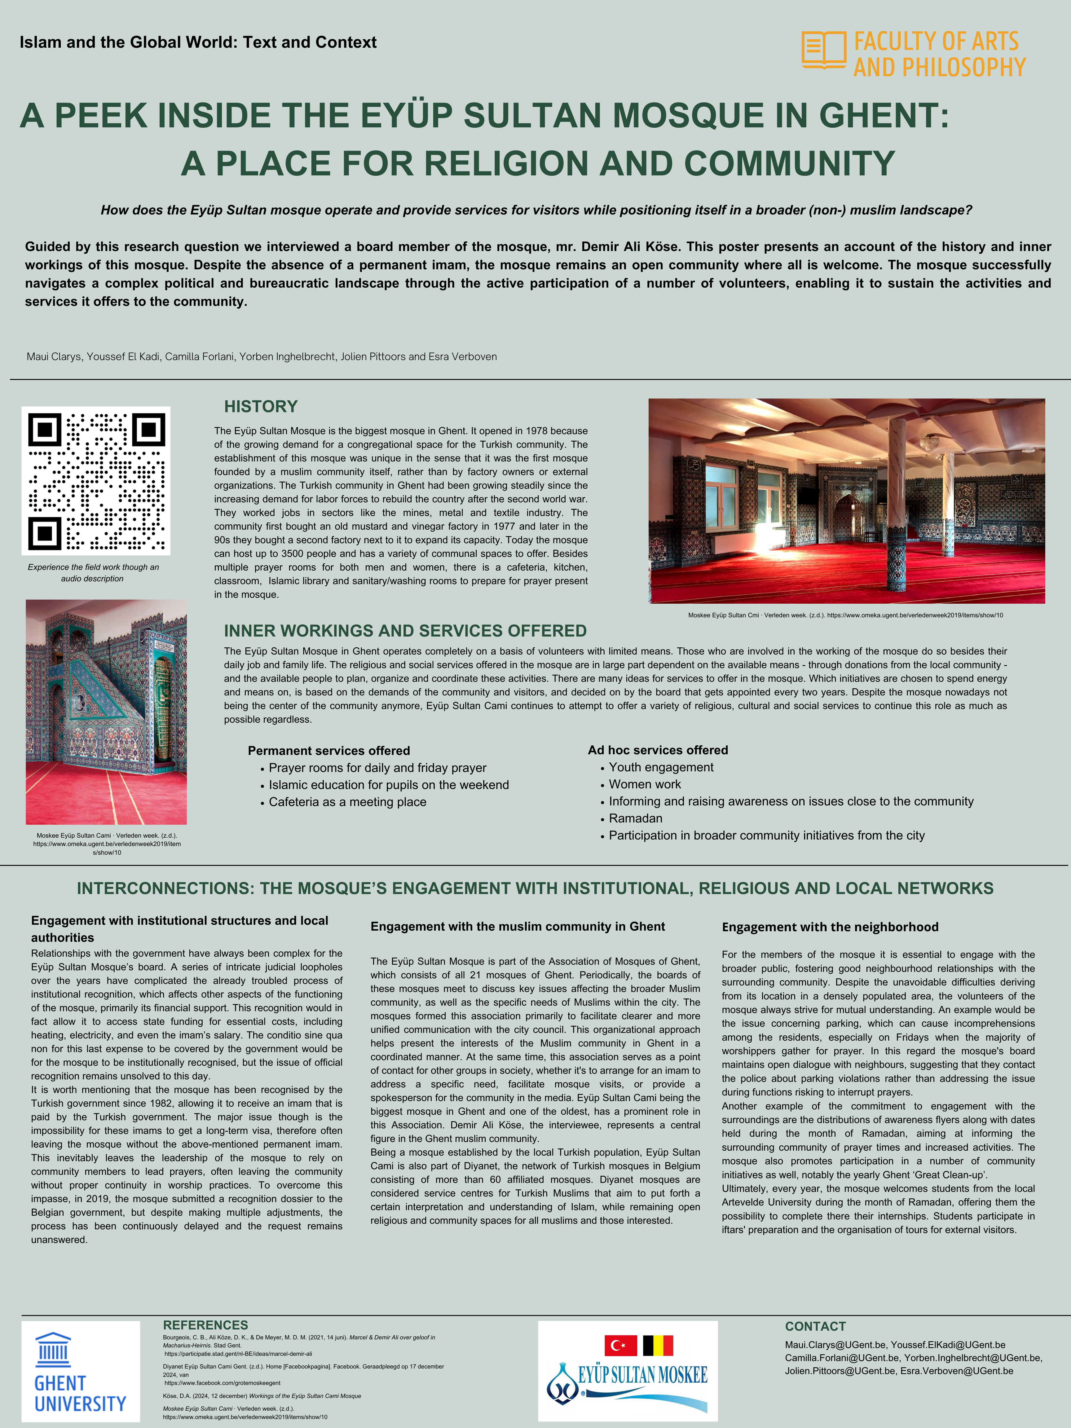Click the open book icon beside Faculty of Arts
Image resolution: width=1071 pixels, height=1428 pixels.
pos(824,50)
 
